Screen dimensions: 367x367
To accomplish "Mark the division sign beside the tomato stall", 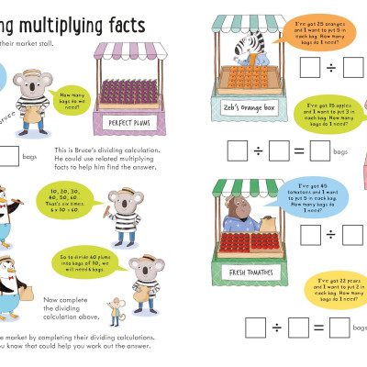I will pos(328,234).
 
